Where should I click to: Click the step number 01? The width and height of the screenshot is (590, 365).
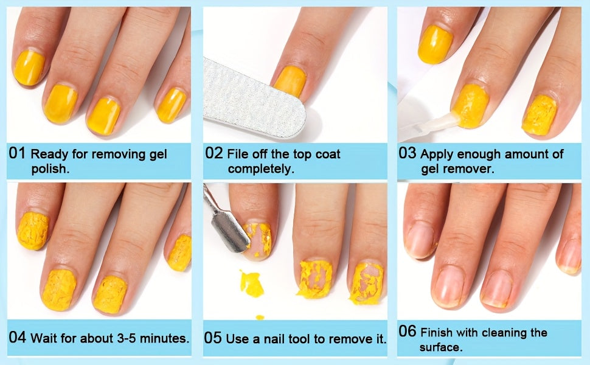pos(17,153)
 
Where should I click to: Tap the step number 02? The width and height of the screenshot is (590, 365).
pos(213,153)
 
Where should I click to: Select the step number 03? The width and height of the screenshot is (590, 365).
pos(408,153)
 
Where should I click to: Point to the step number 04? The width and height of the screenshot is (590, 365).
pos(17,337)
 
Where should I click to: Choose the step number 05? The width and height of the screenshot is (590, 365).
pos(213,338)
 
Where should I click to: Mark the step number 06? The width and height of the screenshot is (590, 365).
pos(408,331)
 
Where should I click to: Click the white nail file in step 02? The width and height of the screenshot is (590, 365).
pos(254,99)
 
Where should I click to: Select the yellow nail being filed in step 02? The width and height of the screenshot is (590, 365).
pos(290,82)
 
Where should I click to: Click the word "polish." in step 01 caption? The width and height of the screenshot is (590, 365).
pos(50,169)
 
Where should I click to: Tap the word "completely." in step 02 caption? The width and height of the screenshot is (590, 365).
pos(261,169)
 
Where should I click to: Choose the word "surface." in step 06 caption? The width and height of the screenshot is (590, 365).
pos(441,347)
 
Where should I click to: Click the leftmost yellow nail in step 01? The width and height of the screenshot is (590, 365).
pos(29,68)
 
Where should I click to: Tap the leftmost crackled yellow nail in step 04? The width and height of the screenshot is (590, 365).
pos(33,231)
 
